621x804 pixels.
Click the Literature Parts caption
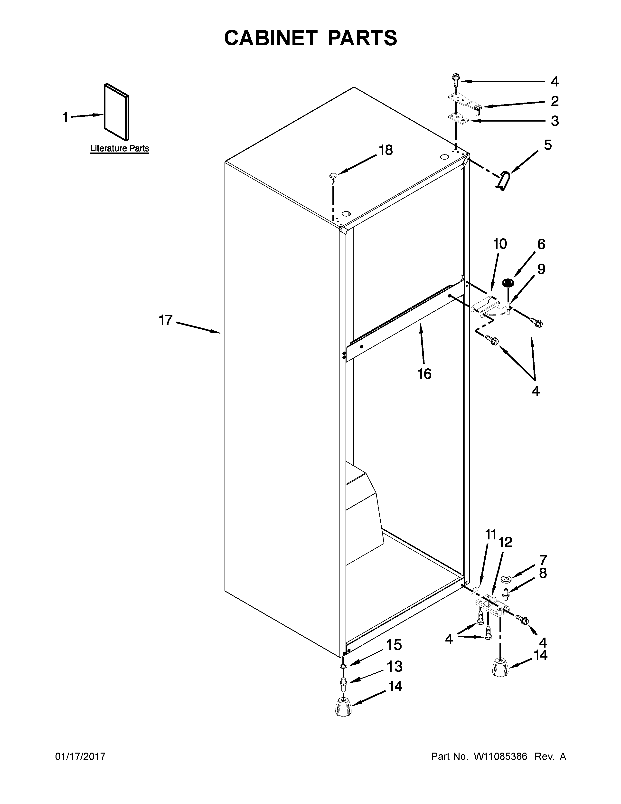pyautogui.click(x=120, y=148)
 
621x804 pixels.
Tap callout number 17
pyautogui.click(x=166, y=320)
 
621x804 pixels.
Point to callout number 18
pyautogui.click(x=386, y=150)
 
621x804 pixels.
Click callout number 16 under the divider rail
pyautogui.click(x=424, y=374)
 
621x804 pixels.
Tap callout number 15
pyautogui.click(x=394, y=645)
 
